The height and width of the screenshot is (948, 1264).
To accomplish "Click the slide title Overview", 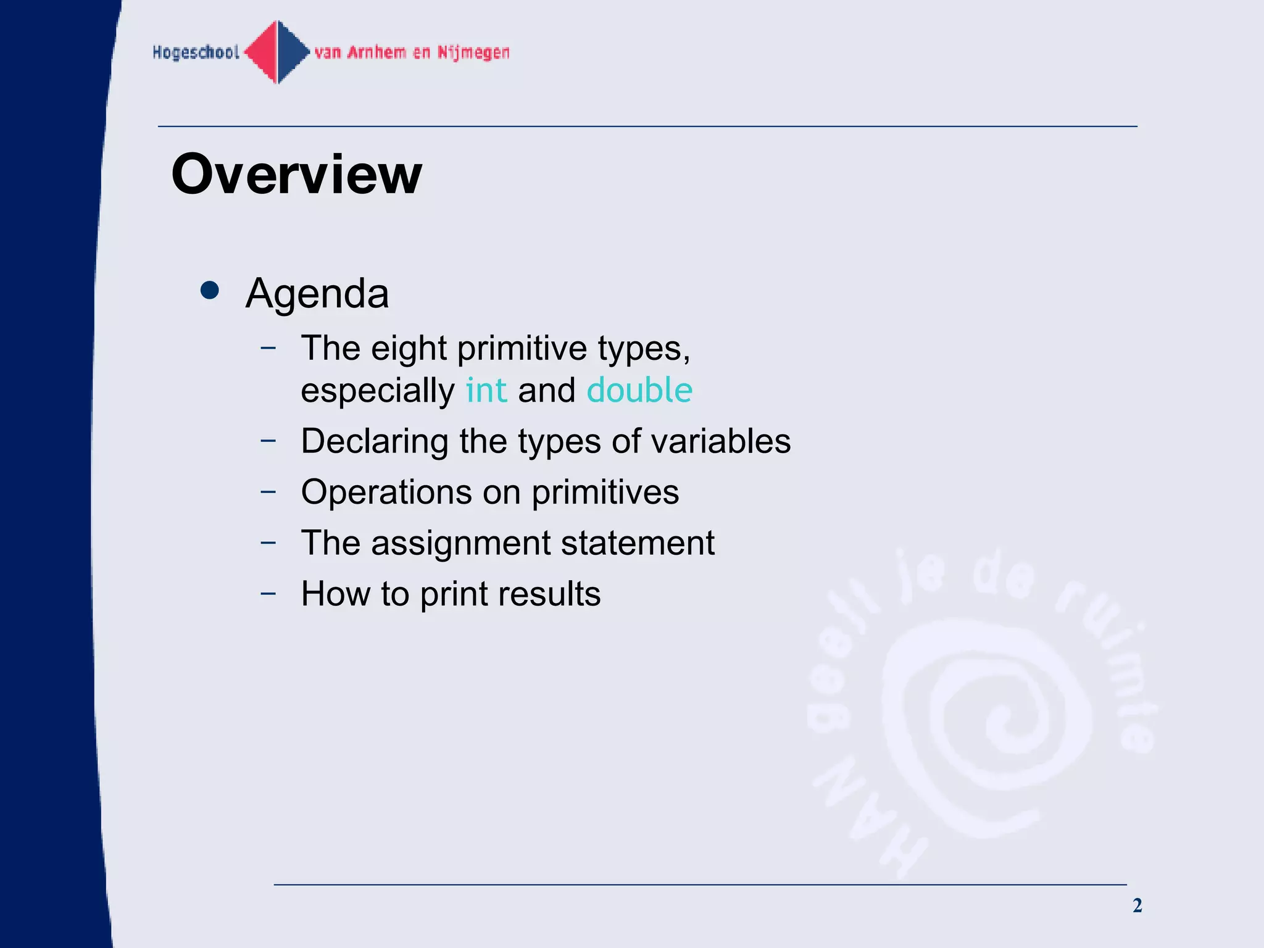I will (296, 175).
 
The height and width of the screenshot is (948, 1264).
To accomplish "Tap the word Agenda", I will (317, 294).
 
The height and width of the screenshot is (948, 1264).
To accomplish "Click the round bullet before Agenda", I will (210, 291).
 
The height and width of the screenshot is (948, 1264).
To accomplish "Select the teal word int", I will (486, 391).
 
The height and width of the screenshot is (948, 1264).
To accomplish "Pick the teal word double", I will (639, 391).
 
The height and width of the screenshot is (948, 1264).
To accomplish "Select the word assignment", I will (460, 544).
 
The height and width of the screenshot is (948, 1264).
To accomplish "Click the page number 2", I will (1137, 905).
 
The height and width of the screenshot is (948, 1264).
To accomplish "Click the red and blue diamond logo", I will (278, 52).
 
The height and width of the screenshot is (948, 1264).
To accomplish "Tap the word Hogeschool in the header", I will (196, 52).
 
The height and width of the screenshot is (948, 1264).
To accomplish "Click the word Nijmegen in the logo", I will (473, 52).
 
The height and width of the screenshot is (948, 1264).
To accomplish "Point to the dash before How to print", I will (268, 594).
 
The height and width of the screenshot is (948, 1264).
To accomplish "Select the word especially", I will (377, 391).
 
